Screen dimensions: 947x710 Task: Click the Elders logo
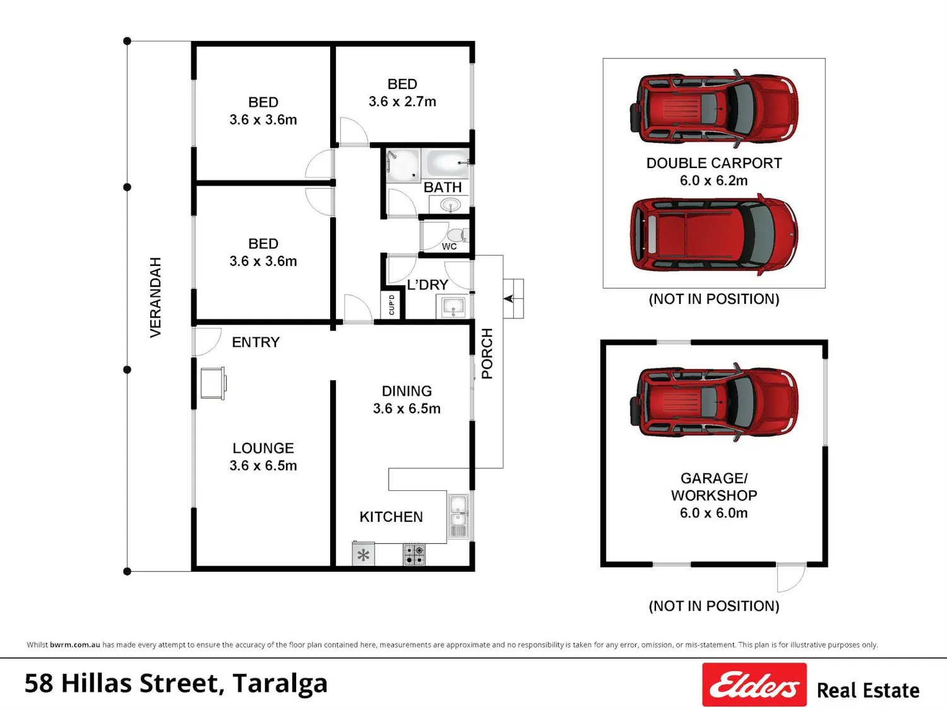[754, 685]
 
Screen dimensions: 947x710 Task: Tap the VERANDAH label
[155, 298]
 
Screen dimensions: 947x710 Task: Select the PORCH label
[487, 354]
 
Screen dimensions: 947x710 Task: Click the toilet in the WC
[457, 236]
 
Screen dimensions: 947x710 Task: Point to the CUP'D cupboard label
[392, 304]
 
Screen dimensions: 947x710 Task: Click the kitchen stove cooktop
[414, 555]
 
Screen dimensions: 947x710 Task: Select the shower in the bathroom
[403, 165]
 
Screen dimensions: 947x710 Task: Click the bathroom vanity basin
[450, 205]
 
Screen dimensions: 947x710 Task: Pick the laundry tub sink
[453, 306]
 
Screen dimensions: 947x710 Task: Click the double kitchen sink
[458, 516]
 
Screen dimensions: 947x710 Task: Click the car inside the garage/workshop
[714, 402]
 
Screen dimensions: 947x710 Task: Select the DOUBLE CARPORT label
[714, 163]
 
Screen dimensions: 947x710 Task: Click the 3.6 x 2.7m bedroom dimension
[402, 102]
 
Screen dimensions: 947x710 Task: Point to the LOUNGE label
[263, 448]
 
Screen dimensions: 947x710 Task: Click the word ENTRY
[256, 342]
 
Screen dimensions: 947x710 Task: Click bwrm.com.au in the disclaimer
[74, 645]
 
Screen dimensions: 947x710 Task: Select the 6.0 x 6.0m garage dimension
[714, 513]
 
